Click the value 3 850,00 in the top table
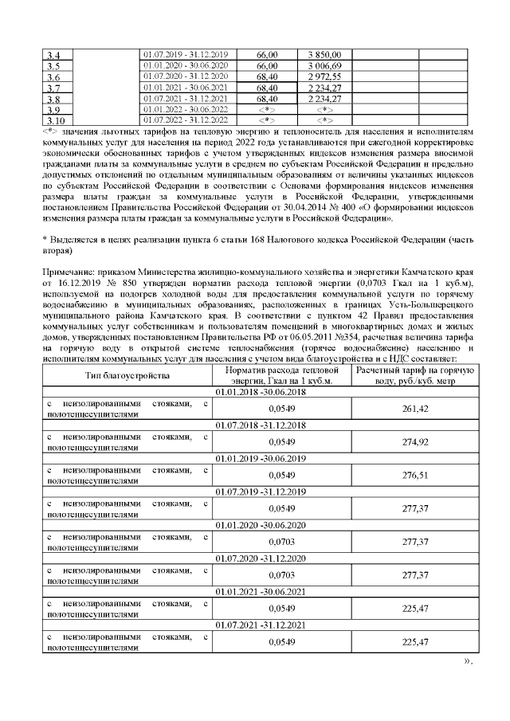(324, 53)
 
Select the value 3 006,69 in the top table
(324, 65)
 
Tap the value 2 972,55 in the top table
(324, 76)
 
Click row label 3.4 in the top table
(55, 55)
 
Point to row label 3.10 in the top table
(57, 120)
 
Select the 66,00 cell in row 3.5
(267, 65)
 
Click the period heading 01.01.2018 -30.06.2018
(261, 392)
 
